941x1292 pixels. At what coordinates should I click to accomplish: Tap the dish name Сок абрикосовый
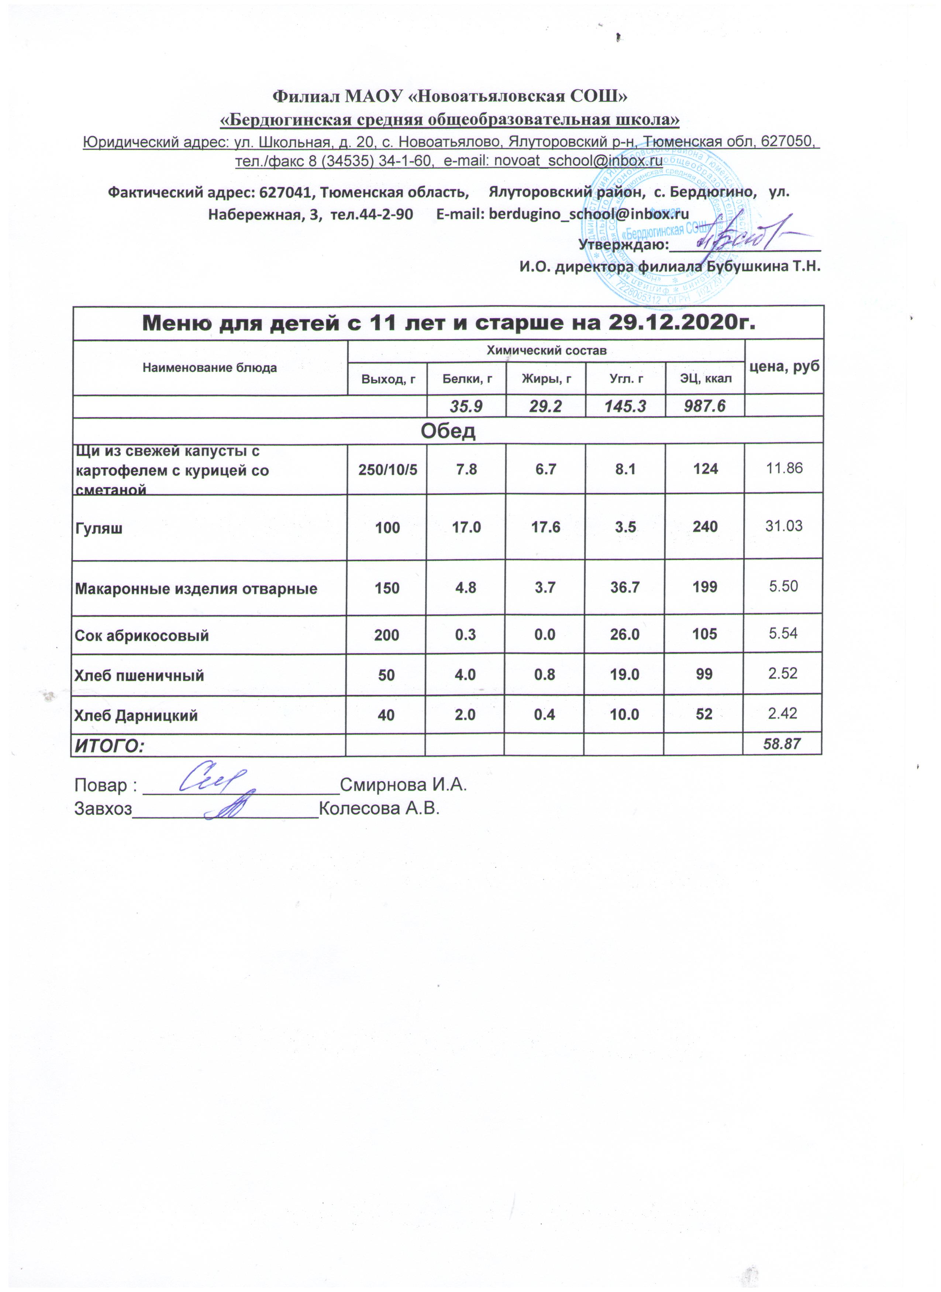pyautogui.click(x=142, y=635)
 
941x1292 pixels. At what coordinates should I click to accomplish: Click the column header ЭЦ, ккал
pyautogui.click(x=705, y=379)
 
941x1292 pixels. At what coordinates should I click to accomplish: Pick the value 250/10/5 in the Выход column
pyautogui.click(x=387, y=469)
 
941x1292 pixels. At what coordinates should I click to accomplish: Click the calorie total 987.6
pyautogui.click(x=705, y=406)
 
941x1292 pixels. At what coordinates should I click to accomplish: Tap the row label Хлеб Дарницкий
pyautogui.click(x=136, y=716)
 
